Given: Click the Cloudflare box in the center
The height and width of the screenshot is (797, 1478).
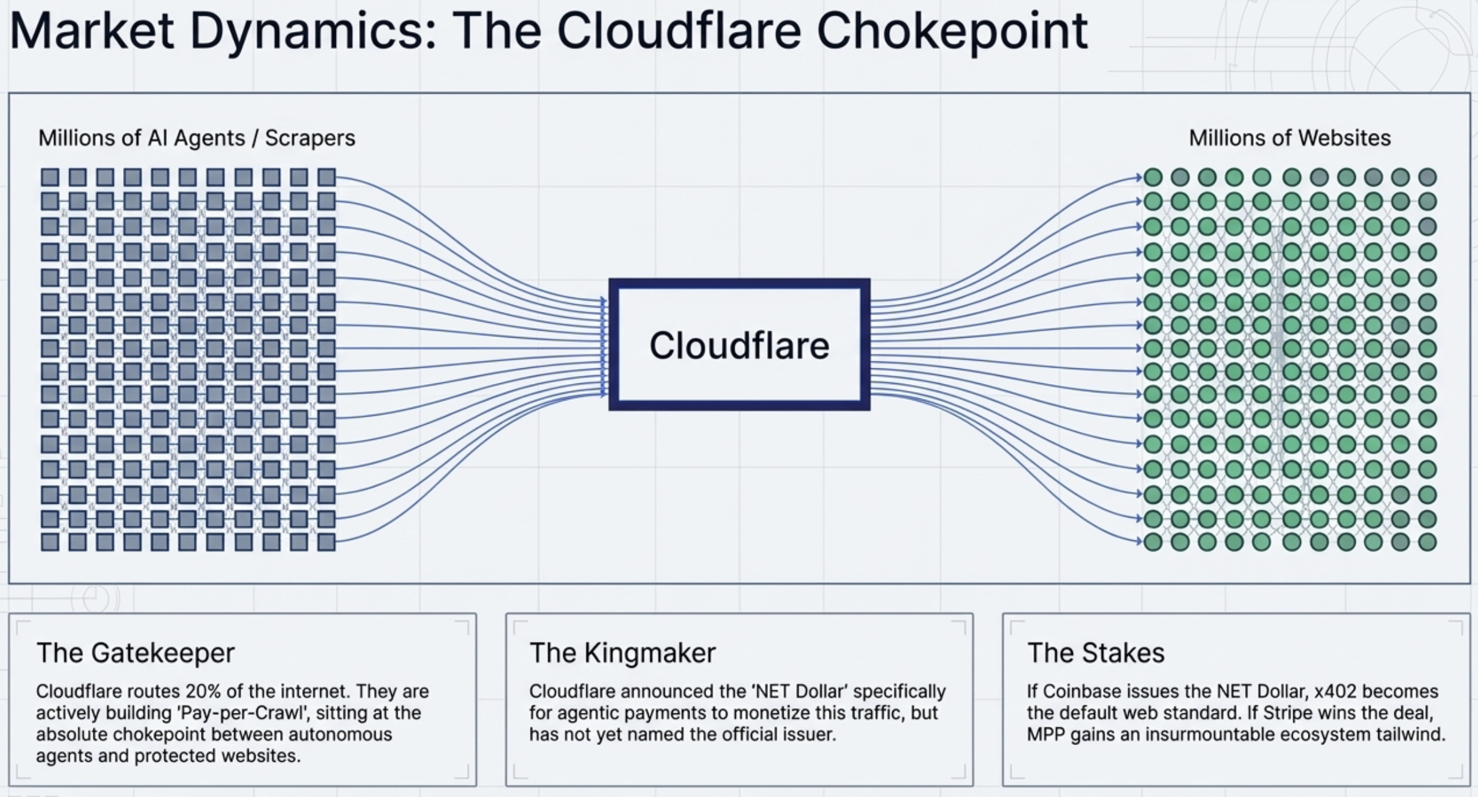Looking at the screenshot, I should click(739, 345).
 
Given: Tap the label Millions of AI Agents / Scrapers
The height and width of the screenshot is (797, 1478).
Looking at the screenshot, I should click(197, 138).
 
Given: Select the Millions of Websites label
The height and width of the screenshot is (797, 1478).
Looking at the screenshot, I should click(1290, 138).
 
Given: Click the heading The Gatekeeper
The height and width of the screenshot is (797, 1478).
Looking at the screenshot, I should click(136, 653).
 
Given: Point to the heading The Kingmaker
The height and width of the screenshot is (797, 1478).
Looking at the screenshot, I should click(622, 653).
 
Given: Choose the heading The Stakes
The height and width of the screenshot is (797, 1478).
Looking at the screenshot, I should click(1096, 653).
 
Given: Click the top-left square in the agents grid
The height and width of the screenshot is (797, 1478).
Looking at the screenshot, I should click(50, 178).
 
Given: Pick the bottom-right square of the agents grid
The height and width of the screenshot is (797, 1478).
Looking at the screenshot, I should click(326, 542).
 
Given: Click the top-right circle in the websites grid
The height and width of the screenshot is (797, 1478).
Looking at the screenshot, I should click(1428, 178).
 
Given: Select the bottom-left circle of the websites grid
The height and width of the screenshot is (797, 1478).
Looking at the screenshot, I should click(1153, 542).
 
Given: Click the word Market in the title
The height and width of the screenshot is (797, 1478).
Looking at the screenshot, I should click(92, 31).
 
